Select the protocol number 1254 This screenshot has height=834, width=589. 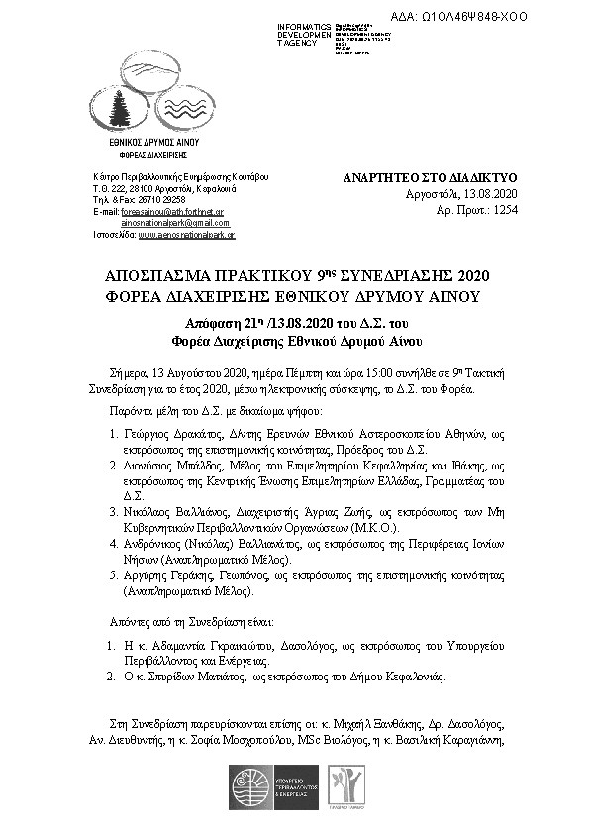coord(505,210)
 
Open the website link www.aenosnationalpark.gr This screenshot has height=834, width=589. coord(186,236)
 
